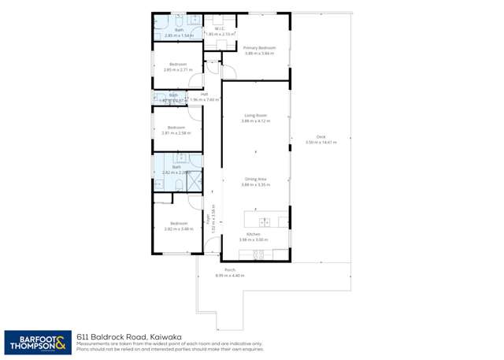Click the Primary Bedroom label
click(259, 48)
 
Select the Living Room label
click(255, 116)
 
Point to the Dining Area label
click(255, 179)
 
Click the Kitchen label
click(254, 235)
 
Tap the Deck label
click(321, 137)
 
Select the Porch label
click(230, 270)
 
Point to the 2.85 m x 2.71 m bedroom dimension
click(177, 70)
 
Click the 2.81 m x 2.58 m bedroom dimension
click(177, 133)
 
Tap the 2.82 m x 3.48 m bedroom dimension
click(178, 229)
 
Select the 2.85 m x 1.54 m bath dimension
click(179, 35)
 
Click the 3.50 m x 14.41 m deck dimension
click(321, 143)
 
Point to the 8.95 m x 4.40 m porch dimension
click(230, 276)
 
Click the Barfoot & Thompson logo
click(37, 342)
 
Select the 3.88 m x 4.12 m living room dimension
click(255, 121)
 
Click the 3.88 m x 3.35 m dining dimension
click(255, 184)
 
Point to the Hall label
click(204, 94)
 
